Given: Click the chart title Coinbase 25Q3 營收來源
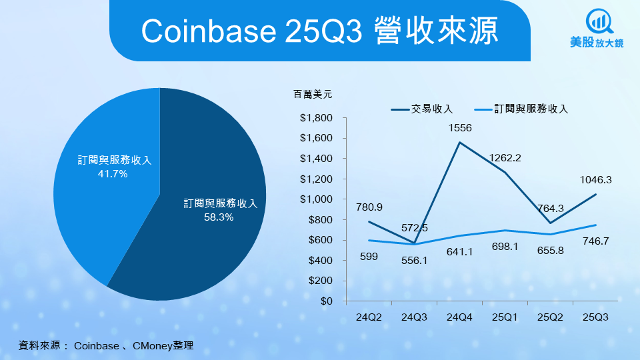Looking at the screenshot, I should tap(319, 30).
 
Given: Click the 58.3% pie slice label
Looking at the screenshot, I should tap(219, 210).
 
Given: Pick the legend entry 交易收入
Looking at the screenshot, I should tap(423, 109).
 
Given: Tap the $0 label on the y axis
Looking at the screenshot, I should tap(326, 301).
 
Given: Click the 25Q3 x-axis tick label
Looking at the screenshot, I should tap(595, 318).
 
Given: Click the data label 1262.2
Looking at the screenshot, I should tap(505, 158).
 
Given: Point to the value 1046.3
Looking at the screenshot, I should tap(595, 179).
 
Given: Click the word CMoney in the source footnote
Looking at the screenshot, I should tap(153, 345).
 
